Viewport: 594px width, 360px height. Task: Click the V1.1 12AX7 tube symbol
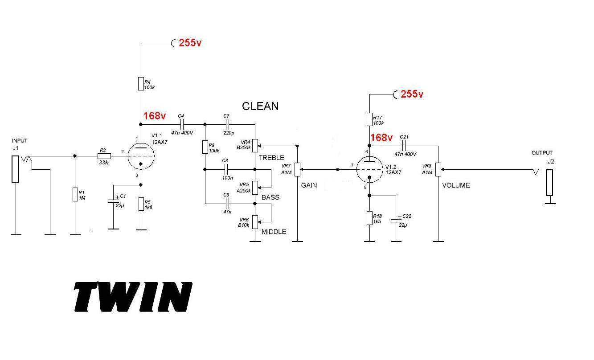pos(141,156)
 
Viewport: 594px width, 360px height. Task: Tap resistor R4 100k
pos(141,83)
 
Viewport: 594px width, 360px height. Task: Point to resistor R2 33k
pos(103,156)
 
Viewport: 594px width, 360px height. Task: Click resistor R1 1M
pos(75,195)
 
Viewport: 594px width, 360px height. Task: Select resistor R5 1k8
pos(141,204)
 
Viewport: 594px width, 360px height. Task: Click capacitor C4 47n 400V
pos(181,124)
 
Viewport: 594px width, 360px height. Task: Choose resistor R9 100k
pos(205,147)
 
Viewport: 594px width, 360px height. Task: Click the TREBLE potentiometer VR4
pos(255,145)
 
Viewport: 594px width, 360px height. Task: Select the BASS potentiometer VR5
pos(255,188)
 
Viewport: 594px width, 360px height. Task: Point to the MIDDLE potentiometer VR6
pos(255,221)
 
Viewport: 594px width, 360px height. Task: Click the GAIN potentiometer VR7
pos(297,169)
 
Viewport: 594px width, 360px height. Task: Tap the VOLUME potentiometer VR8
pos(438,169)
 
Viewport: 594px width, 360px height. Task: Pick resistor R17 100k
pos(369,119)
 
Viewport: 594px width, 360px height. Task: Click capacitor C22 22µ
pos(396,220)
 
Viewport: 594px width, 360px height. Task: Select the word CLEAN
pos(260,106)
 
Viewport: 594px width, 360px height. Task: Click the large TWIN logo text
pos(133,296)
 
